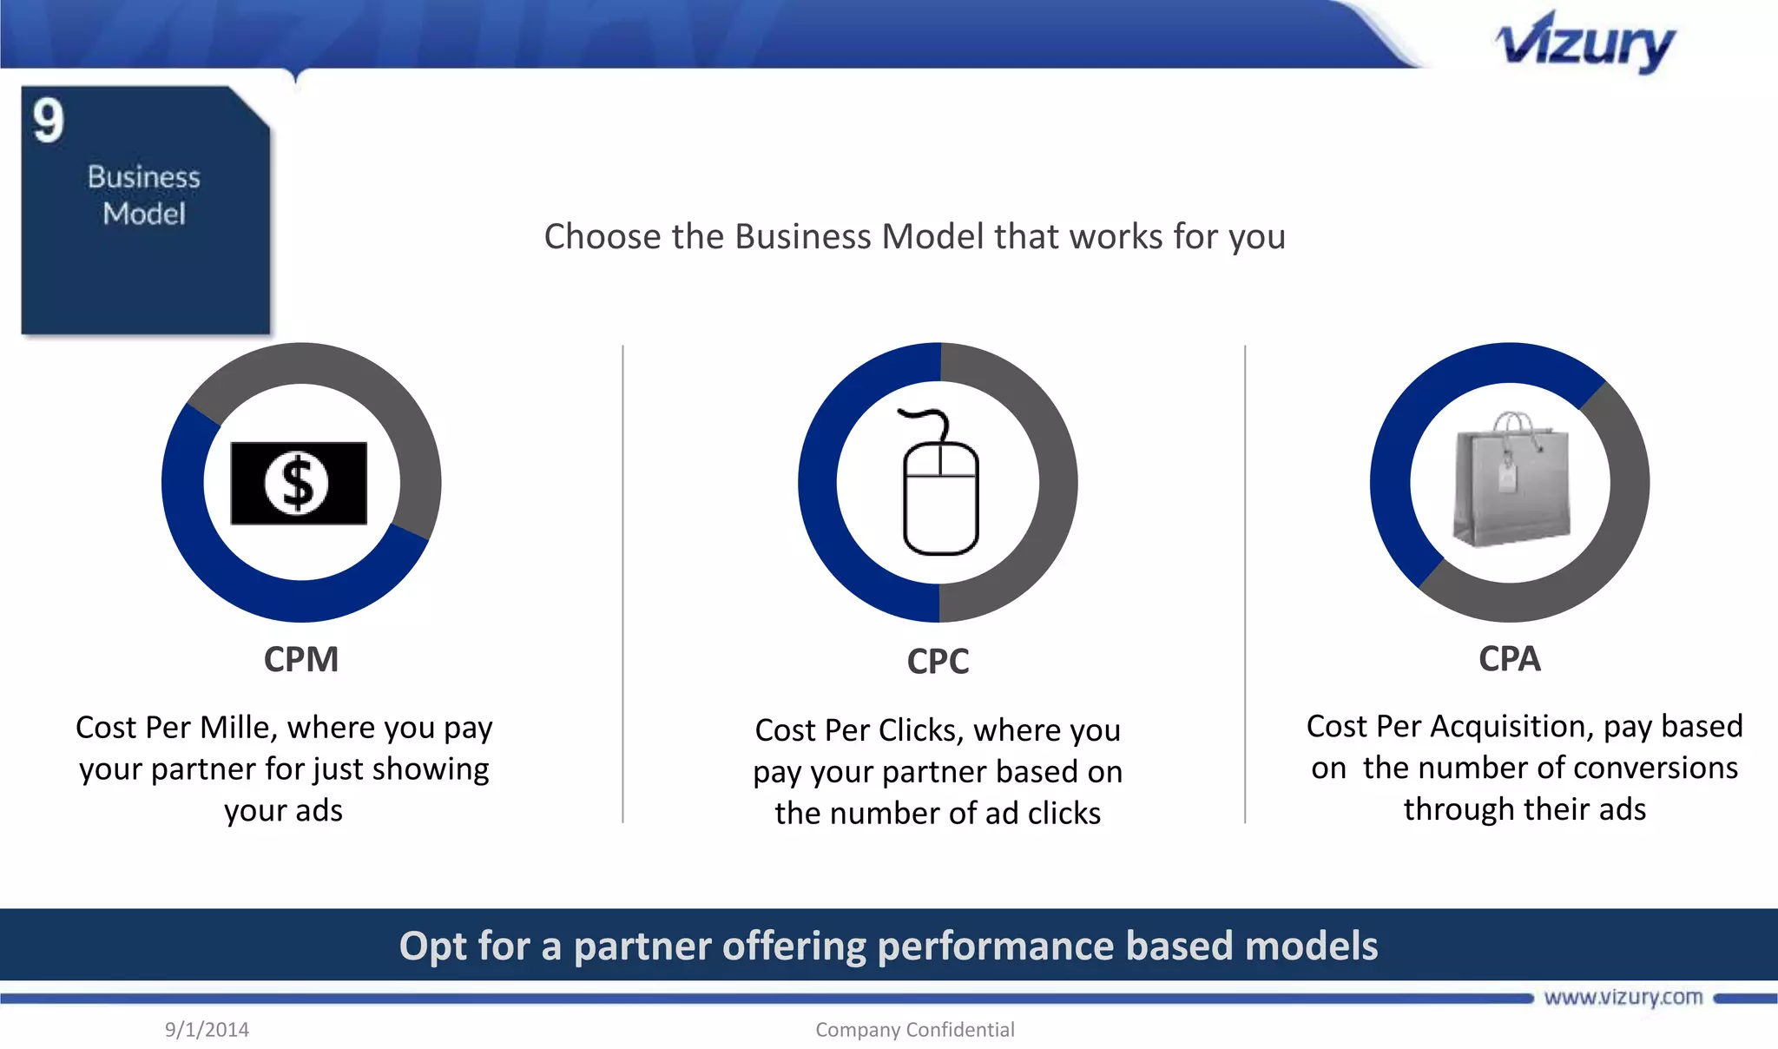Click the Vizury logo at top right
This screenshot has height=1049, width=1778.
point(1585,43)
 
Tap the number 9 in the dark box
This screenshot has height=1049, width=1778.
point(49,121)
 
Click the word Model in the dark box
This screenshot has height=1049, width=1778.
point(144,214)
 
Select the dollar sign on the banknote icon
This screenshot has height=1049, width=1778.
point(298,483)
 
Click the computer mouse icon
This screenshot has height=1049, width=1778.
point(941,495)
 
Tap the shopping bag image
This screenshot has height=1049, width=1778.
point(1511,482)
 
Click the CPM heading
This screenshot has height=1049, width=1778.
point(301,660)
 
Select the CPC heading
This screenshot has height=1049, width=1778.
point(938,662)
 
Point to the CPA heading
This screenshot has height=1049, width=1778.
point(1510,659)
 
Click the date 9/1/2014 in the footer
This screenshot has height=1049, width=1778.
point(207,1030)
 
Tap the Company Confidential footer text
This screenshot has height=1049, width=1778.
point(914,1030)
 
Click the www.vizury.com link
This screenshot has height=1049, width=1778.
point(1623,998)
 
